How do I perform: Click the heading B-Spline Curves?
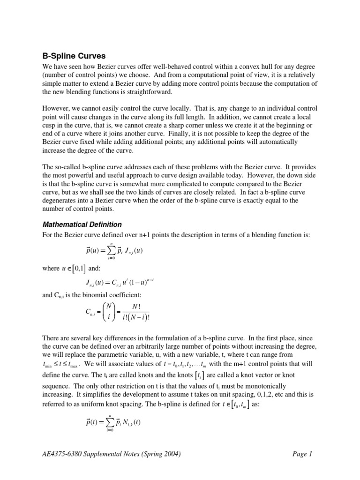point(74,55)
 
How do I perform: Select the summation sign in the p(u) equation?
point(112,251)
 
